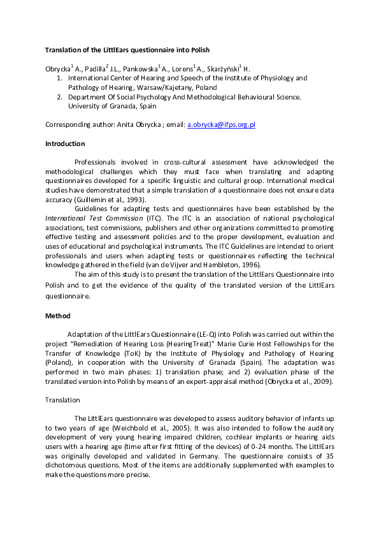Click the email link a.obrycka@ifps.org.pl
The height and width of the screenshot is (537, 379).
point(221,125)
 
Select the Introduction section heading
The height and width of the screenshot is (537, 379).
point(64,143)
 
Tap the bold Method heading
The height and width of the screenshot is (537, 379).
point(57,315)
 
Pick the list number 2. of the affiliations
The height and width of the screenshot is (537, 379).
point(60,97)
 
